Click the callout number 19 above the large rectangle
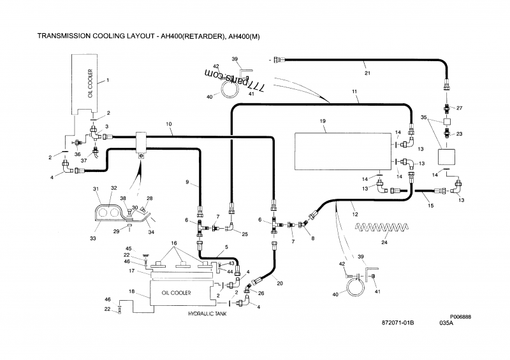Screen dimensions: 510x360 [323, 121]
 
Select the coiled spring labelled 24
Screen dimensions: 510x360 [382, 227]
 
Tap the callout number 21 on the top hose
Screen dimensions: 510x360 [367, 73]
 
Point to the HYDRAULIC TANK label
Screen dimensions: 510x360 [207, 314]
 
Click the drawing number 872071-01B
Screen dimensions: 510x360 [398, 323]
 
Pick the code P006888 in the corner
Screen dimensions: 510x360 [460, 317]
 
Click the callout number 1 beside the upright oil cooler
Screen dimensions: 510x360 [108, 80]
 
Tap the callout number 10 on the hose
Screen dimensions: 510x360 [168, 124]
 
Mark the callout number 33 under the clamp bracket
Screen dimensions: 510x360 [93, 238]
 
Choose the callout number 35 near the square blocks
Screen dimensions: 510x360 [423, 117]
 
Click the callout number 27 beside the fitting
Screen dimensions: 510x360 [459, 108]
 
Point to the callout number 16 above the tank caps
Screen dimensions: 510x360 [174, 243]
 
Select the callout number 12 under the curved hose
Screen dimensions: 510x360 [355, 214]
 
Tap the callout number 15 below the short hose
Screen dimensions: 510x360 [430, 206]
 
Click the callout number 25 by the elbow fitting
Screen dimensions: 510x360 [245, 234]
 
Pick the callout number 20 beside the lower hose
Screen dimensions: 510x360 [280, 284]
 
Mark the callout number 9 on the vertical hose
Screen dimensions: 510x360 [187, 182]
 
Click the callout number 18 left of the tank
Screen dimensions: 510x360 [131, 291]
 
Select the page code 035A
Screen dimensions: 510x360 [446, 323]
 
